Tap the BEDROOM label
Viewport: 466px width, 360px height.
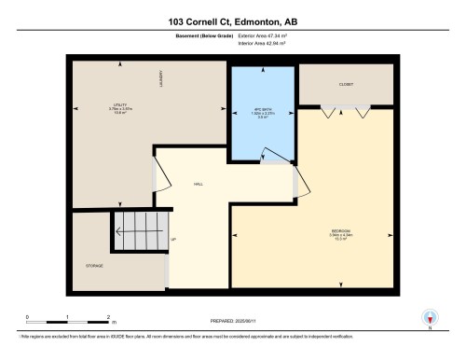click(339, 232)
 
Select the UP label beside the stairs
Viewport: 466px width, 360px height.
click(173, 240)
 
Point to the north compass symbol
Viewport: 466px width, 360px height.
click(430, 317)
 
